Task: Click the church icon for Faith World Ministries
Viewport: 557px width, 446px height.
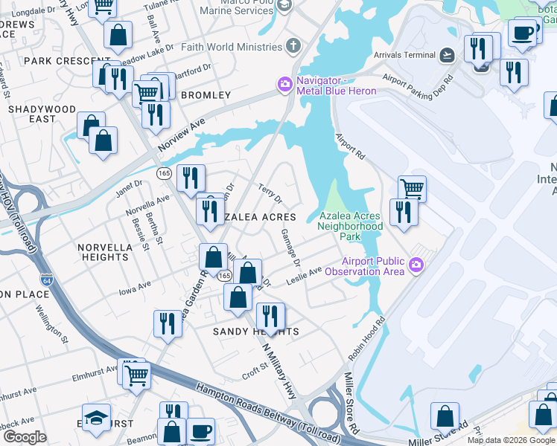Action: pos(294,47)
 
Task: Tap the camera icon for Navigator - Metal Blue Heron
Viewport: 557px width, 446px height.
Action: pos(284,85)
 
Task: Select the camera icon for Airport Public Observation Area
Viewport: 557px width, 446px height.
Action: pos(416,265)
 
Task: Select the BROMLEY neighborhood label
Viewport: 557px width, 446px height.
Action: pos(206,96)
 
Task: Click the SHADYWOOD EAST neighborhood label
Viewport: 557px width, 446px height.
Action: pos(42,114)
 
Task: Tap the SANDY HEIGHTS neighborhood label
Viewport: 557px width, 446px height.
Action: pos(256,332)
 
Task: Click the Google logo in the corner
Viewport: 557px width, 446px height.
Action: pos(25,437)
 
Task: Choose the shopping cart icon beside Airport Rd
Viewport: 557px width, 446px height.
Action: pos(412,187)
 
